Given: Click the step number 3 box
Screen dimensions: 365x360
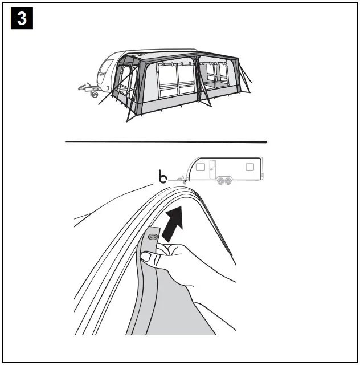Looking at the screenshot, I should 22,19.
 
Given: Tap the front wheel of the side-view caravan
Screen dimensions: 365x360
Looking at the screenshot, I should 221,181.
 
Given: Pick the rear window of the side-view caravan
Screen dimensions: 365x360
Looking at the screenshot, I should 249,167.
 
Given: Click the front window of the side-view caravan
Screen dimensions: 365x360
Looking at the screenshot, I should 200,167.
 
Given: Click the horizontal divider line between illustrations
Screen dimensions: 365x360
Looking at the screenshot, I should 166,141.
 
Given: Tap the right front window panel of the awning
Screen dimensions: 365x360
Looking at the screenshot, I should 216,77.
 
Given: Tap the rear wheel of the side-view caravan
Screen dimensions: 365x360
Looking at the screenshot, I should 228,181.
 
